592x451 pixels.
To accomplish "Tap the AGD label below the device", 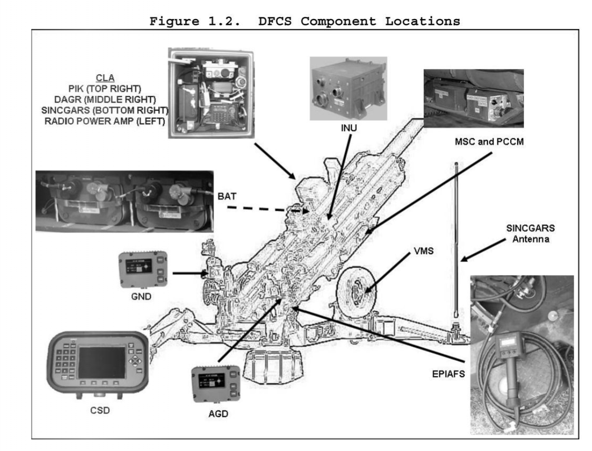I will [216, 414].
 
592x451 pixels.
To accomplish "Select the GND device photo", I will [143, 268].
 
